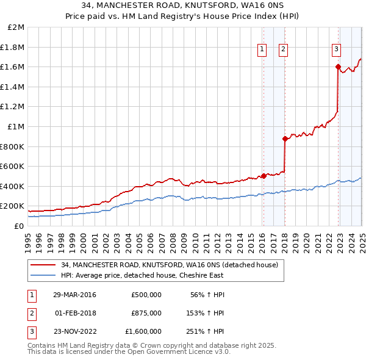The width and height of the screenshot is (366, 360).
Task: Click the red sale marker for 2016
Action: [264, 176]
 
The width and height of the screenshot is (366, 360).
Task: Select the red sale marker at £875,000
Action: [284, 139]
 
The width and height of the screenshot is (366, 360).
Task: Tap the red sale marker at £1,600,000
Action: [337, 67]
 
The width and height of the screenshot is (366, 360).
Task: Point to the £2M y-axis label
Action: [16, 27]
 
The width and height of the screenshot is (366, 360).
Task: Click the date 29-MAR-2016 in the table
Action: [74, 295]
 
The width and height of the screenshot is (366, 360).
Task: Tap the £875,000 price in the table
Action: [146, 313]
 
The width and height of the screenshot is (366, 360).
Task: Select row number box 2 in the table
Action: [30, 313]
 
